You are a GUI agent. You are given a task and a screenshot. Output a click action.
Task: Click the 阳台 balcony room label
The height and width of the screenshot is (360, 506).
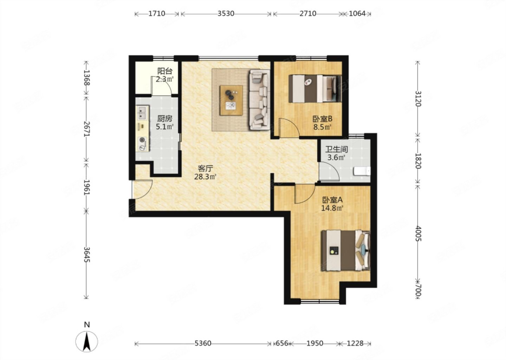(x=165, y=71)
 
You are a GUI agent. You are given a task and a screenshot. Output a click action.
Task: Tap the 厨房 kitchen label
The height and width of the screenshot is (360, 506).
(x=165, y=118)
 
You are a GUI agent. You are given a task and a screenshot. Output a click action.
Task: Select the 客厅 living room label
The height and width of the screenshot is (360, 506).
(x=205, y=169)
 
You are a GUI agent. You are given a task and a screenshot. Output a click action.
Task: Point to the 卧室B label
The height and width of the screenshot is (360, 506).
(x=322, y=118)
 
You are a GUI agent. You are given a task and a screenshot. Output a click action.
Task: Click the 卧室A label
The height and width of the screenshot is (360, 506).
(x=332, y=200)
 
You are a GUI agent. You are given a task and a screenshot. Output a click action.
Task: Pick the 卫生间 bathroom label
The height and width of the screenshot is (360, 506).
(x=336, y=149)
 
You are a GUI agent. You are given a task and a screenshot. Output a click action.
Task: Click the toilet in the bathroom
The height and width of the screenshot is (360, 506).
(x=362, y=171)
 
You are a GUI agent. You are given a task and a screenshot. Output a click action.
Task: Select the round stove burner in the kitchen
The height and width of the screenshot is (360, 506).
(x=142, y=140)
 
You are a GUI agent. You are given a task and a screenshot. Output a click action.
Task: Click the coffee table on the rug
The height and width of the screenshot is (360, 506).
(x=231, y=100)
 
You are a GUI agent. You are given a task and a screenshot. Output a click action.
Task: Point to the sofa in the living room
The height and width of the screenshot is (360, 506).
(x=260, y=99)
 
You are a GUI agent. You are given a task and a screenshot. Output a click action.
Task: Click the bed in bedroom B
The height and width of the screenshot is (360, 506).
(x=315, y=89)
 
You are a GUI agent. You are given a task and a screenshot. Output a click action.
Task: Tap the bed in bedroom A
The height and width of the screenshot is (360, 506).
(x=346, y=250)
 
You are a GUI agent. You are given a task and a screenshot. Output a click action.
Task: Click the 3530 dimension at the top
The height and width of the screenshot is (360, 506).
(x=226, y=14)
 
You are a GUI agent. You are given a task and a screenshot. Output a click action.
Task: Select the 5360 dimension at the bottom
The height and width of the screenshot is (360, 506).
(x=203, y=343)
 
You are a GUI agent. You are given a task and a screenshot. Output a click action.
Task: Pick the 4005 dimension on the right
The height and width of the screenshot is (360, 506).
(x=418, y=233)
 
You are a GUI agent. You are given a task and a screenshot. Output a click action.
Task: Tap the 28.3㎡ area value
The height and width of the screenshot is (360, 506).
(x=205, y=177)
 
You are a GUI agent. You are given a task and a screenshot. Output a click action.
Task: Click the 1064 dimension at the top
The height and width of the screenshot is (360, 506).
(x=357, y=14)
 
